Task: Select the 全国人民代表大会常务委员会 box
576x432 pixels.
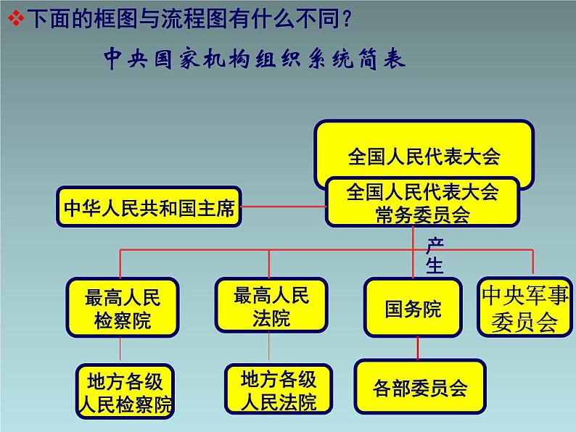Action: [423, 202]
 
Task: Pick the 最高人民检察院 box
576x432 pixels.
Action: [122, 308]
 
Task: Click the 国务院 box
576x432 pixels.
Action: [413, 308]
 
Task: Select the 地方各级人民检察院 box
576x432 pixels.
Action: [126, 391]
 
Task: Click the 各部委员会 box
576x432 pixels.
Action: [419, 388]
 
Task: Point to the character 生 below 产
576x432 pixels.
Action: [434, 265]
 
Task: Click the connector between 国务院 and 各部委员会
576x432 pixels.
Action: [417, 349]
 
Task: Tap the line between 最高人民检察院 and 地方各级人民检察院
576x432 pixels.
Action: [123, 350]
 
